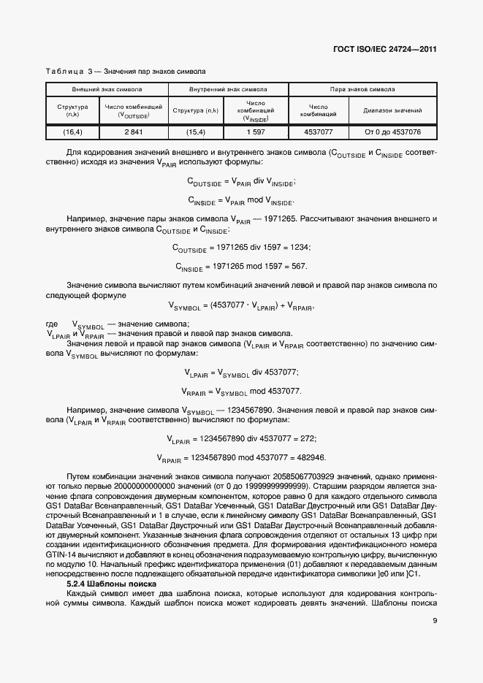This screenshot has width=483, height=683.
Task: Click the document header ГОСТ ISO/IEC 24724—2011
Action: point(385,50)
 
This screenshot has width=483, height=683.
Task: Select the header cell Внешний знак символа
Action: point(107,89)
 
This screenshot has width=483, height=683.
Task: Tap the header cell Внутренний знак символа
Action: point(228,89)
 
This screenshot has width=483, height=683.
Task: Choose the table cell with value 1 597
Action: point(256,131)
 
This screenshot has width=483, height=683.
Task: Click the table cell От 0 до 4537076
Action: point(393,131)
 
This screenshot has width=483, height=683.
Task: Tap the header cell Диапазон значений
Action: point(393,110)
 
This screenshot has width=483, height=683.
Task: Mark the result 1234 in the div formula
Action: point(299,248)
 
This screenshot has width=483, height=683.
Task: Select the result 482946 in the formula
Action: point(308,457)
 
